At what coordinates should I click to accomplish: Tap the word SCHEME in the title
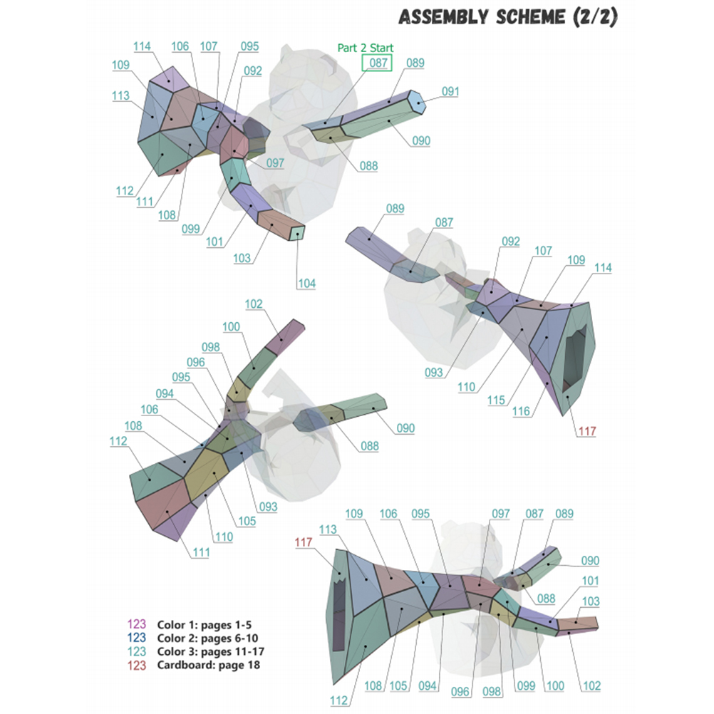coord(530,17)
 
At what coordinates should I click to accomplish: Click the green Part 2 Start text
coord(366,48)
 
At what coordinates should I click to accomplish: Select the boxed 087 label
coord(378,63)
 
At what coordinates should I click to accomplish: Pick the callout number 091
coord(450,91)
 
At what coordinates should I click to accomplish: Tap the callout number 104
coord(306,283)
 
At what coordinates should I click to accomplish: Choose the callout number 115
coord(496,400)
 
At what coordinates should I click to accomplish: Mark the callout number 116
coord(521,412)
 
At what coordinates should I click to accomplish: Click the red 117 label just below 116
coord(587,431)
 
